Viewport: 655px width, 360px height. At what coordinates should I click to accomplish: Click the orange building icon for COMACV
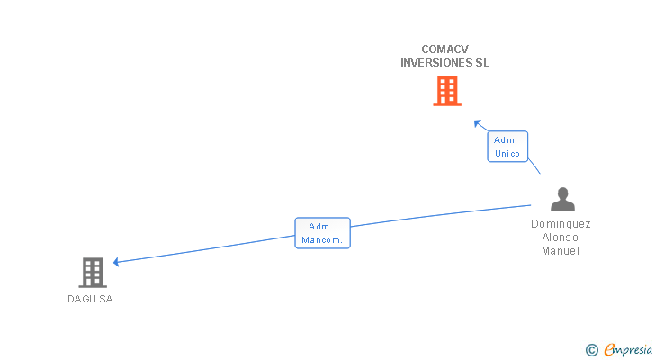(x=446, y=91)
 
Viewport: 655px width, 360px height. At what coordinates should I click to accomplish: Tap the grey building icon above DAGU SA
(x=93, y=272)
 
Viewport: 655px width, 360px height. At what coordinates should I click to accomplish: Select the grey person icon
(x=562, y=200)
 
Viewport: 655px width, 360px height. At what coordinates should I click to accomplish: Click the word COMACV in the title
(x=445, y=49)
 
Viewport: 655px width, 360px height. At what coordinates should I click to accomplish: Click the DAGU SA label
(x=90, y=299)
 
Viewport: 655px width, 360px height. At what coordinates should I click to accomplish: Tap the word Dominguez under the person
(x=561, y=224)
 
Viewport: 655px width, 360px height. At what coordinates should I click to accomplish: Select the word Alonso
(x=561, y=238)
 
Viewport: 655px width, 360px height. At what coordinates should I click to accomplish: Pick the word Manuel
(x=561, y=251)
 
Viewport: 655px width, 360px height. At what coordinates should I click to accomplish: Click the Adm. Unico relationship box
(x=507, y=147)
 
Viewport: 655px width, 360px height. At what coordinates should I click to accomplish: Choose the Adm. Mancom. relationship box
(x=322, y=233)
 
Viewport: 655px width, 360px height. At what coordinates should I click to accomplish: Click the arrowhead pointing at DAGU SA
(x=116, y=262)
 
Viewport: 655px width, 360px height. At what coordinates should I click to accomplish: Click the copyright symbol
(x=591, y=350)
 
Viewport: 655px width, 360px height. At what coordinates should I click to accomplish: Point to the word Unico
(x=507, y=154)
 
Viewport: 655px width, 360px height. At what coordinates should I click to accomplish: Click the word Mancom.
(x=322, y=240)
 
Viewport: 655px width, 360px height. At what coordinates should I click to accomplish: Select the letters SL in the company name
(x=481, y=63)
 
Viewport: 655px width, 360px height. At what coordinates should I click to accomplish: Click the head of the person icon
(x=562, y=193)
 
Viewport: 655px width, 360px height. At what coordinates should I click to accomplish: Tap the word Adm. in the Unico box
(x=506, y=139)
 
